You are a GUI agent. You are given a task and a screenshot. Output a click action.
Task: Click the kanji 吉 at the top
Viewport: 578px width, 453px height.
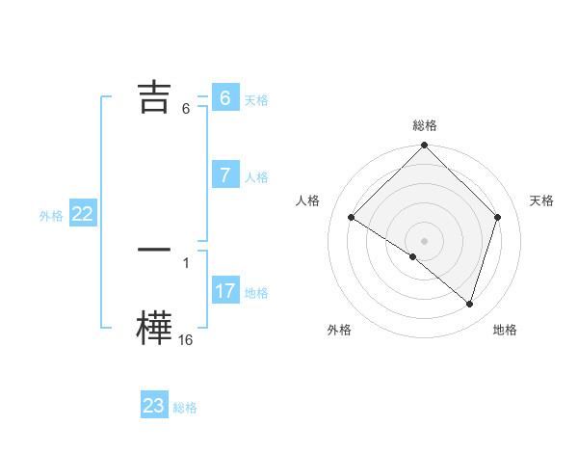click(x=154, y=97)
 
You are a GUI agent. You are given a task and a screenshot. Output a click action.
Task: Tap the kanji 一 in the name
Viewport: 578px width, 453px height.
click(x=154, y=250)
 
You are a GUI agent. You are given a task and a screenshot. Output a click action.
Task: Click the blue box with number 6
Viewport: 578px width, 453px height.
click(x=224, y=98)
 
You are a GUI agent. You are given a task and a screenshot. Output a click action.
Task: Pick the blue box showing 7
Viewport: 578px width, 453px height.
click(x=224, y=175)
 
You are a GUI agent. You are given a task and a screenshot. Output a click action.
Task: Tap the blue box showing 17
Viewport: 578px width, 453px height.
click(x=224, y=291)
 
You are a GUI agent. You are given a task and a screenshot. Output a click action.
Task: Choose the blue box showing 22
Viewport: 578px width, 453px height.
click(x=82, y=215)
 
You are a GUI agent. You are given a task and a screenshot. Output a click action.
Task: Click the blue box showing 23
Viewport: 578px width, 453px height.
click(x=154, y=406)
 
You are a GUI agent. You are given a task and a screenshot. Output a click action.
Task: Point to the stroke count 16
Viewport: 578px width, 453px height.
click(x=186, y=339)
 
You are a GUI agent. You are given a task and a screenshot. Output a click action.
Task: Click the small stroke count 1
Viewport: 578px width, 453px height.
click(x=186, y=262)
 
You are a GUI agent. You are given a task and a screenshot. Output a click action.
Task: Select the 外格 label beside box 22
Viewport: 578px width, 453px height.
click(x=51, y=216)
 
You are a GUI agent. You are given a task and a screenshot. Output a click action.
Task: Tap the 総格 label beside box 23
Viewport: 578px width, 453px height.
click(x=185, y=408)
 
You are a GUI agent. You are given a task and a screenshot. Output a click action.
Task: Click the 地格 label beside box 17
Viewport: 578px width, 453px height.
click(x=256, y=293)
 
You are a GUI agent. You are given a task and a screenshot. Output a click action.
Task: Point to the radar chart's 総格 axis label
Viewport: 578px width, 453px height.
click(x=425, y=125)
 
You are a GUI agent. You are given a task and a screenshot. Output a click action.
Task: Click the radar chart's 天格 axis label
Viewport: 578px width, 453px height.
click(x=542, y=200)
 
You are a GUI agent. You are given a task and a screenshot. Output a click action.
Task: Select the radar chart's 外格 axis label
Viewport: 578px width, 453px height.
click(x=339, y=330)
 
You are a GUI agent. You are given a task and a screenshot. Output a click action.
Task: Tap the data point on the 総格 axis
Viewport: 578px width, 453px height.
click(x=425, y=147)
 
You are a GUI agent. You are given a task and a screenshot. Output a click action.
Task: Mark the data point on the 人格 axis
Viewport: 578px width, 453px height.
click(x=352, y=218)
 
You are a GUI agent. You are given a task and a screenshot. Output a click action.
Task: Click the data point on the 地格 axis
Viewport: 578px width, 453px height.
click(x=470, y=304)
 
